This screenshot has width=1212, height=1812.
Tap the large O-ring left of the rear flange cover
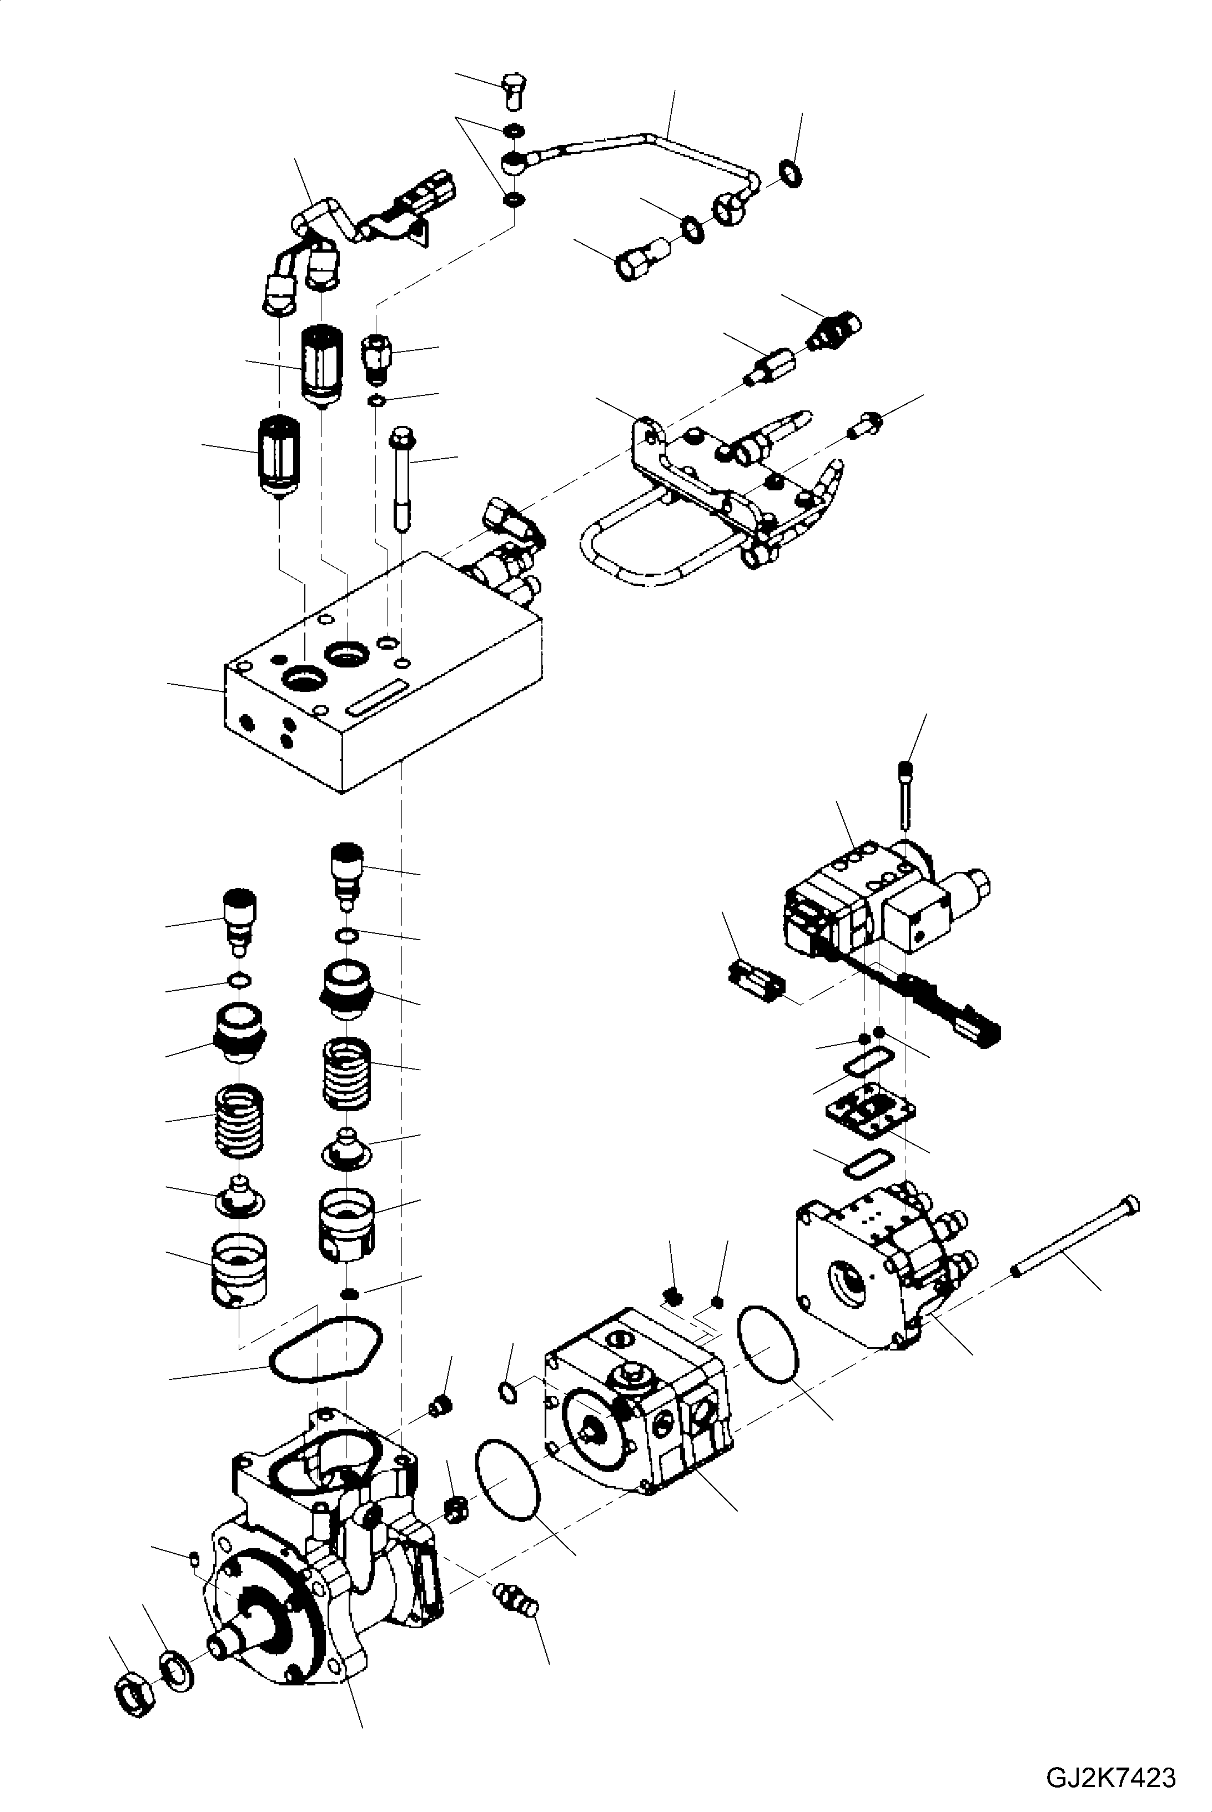[x=767, y=1343]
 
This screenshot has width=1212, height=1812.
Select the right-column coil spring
[x=346, y=1074]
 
